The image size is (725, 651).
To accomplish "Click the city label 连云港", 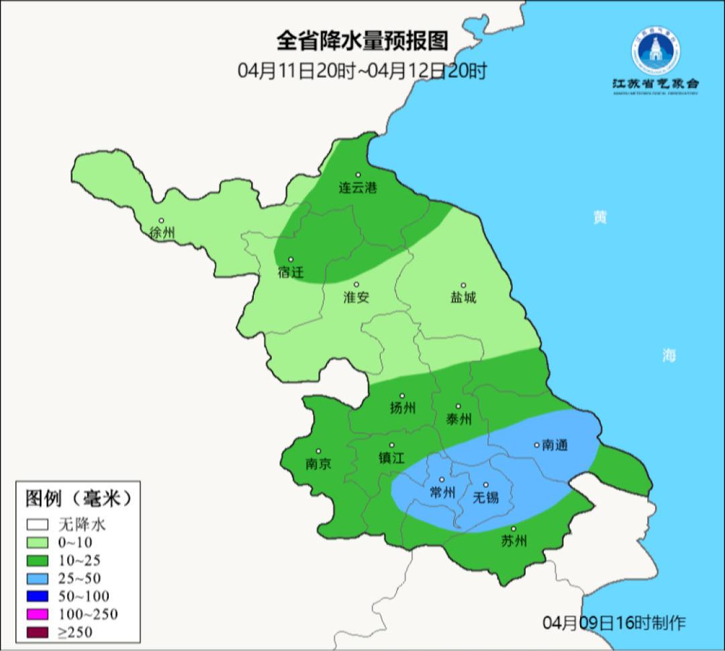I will (357, 188).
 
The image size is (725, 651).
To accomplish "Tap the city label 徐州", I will (162, 233).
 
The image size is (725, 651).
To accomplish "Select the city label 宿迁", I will (291, 272).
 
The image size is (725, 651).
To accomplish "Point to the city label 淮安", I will (356, 297).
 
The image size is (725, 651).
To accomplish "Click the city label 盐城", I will (463, 297).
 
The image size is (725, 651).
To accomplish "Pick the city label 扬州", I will (403, 408).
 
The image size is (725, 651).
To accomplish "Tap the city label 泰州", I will (458, 419).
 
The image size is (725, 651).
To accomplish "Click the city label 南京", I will (318, 464).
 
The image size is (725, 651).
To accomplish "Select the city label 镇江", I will (391, 458).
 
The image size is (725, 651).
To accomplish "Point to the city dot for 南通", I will (536, 444).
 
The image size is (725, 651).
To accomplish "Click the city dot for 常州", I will (442, 479).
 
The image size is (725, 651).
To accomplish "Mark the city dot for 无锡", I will (486, 484).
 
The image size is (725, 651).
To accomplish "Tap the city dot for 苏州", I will (514, 529).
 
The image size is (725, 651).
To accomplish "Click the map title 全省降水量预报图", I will (362, 42).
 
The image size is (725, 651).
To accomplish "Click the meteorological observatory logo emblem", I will (655, 51).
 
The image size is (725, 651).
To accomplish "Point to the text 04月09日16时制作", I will (614, 623).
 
